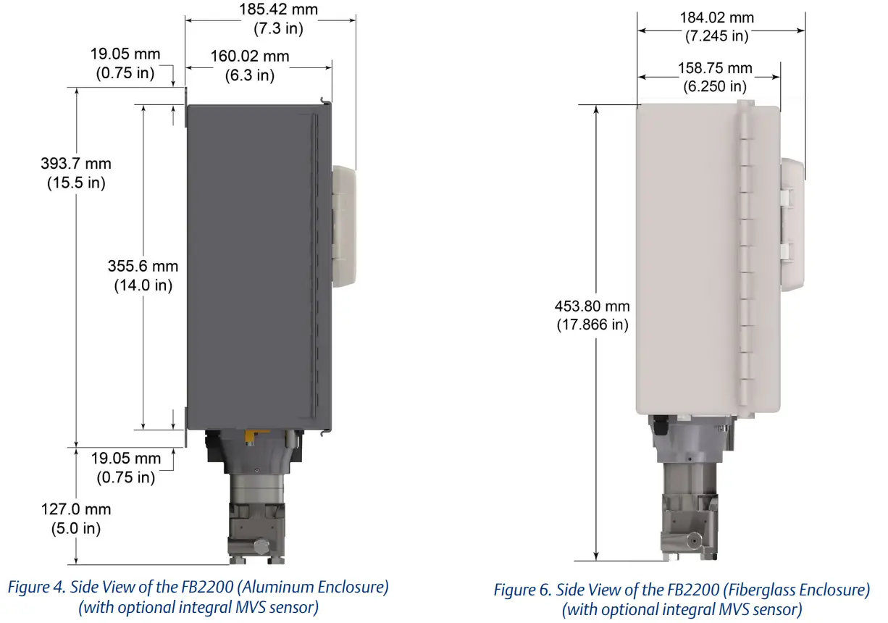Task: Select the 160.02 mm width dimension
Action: coord(250,57)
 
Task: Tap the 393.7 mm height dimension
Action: coord(76,164)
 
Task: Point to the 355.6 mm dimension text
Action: coord(143,267)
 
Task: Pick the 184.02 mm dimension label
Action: coord(716,17)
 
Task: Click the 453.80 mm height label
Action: coord(592,306)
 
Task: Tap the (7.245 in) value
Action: coord(716,35)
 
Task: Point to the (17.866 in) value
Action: coord(592,325)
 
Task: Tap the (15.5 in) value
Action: coord(76,182)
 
